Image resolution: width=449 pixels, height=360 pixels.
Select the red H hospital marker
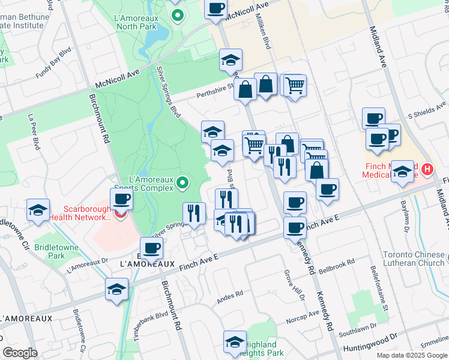pyautogui.click(x=427, y=170)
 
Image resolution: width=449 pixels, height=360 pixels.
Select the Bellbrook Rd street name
pyautogui.click(x=337, y=266)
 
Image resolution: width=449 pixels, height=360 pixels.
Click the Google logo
pyautogui.click(x=20, y=353)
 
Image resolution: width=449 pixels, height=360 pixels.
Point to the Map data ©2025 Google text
pyautogui.click(x=412, y=355)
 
